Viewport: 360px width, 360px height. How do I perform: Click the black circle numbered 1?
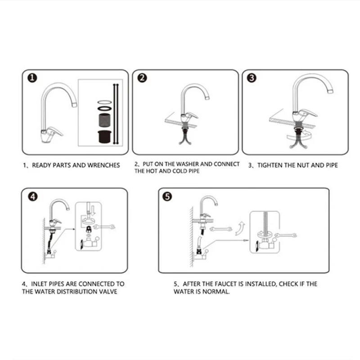32,78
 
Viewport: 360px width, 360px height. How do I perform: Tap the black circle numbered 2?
142,78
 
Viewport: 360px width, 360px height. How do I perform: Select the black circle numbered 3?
252,78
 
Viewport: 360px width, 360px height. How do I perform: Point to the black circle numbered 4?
33,197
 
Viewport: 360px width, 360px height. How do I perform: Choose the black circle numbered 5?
167,197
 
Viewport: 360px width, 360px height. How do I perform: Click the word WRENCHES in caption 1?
103,165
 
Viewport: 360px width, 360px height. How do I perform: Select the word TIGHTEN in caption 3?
270,165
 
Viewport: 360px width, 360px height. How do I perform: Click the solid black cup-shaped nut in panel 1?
105,137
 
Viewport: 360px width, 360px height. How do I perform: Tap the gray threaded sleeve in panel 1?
105,120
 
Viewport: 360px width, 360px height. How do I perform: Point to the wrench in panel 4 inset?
104,227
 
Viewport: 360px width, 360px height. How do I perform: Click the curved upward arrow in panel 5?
240,229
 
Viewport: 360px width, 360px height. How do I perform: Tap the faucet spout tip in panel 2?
207,98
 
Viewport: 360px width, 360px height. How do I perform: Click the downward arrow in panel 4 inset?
93,210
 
